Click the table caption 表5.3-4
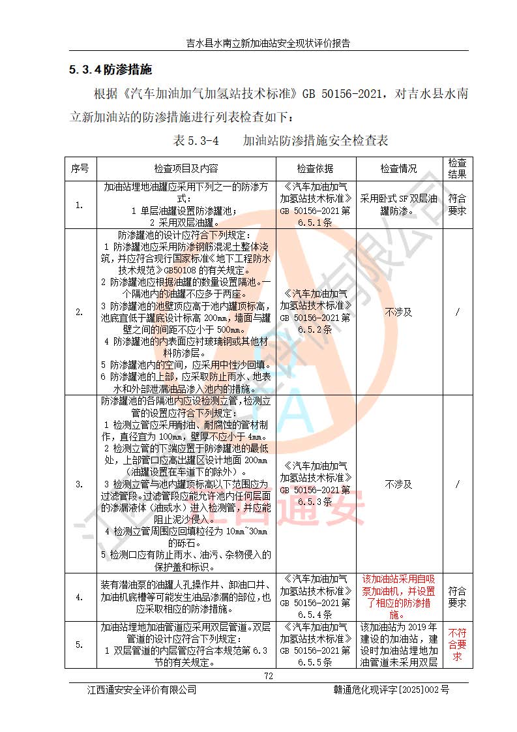point(196,140)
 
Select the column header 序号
point(80,168)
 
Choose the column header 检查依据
point(315,168)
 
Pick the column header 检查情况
point(398,168)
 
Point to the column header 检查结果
point(457,168)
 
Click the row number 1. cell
point(80,205)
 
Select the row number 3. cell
point(80,484)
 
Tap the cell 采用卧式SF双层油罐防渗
point(398,205)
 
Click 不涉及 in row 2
point(398,312)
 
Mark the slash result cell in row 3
point(457,484)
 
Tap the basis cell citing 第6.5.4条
point(315,596)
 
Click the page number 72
point(267,676)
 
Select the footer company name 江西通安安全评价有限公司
point(142,690)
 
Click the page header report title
point(267,44)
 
